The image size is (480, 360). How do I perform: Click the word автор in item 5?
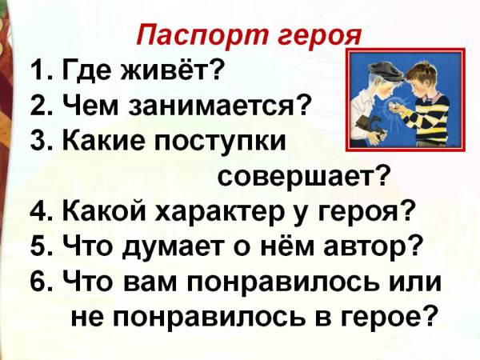tap(361, 247)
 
